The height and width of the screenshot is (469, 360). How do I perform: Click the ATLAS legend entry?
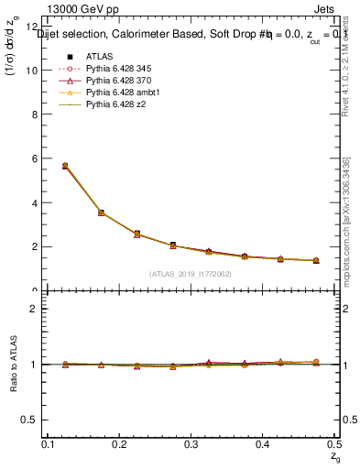pos(98,56)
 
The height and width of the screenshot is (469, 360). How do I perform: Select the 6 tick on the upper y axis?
pos(36,158)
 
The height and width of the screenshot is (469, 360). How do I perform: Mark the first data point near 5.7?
pos(64,166)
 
